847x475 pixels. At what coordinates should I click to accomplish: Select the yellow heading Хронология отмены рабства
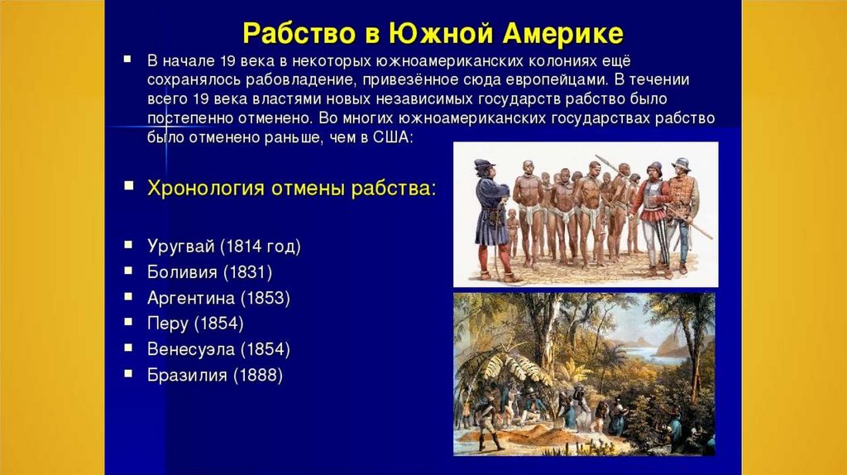(x=291, y=189)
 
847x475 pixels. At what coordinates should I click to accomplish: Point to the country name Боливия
(x=182, y=271)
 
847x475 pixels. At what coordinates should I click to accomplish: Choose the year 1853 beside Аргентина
(x=266, y=298)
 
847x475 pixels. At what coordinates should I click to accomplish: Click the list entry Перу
(x=167, y=324)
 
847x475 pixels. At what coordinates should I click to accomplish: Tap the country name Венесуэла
(x=191, y=349)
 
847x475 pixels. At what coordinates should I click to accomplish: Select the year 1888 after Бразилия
(x=258, y=375)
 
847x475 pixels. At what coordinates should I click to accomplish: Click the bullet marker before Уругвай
(x=128, y=245)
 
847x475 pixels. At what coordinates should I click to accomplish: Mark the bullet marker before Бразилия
(x=128, y=373)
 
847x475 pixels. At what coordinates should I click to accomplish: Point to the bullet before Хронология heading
(x=128, y=186)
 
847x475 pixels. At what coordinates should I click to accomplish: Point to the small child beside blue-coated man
(x=512, y=233)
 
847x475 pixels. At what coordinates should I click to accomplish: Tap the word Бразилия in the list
(x=187, y=375)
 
